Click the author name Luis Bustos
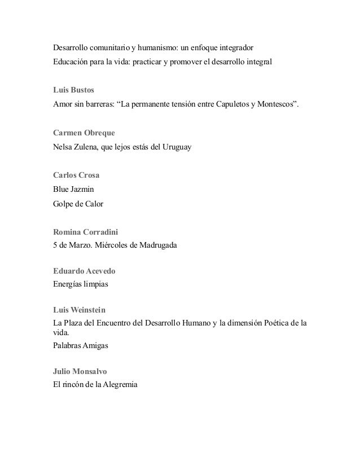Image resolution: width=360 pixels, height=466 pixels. point(73,90)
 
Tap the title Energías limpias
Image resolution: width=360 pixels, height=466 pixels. point(80,285)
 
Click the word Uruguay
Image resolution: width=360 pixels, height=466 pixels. point(175,147)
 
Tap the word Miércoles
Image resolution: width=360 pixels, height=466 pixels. point(112,245)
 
